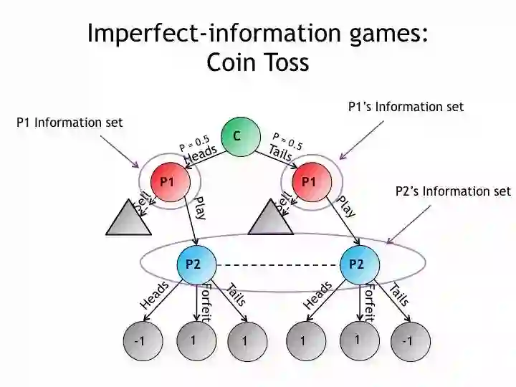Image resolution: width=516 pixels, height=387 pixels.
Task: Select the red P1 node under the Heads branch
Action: coord(168,181)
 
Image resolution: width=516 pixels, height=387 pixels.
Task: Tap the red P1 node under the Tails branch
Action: coord(309,181)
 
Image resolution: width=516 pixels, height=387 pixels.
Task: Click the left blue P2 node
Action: coord(193,264)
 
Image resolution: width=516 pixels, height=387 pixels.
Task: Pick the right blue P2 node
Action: coord(356,264)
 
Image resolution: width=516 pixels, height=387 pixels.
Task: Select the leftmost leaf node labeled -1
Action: coord(139,341)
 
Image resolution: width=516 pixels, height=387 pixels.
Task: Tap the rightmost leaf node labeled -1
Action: coord(407,341)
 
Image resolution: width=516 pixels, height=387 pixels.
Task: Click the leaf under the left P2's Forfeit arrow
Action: coord(193,340)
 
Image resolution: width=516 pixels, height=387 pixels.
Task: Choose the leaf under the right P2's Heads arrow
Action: coord(302,341)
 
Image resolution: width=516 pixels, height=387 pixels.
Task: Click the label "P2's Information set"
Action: coord(453,191)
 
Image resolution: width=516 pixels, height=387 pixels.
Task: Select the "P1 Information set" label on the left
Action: coord(70,123)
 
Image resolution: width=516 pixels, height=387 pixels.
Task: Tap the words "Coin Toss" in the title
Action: coord(258,63)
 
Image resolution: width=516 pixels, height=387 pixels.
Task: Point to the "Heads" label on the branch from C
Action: coord(200,153)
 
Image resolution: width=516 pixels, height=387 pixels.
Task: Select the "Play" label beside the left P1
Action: coord(200,208)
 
